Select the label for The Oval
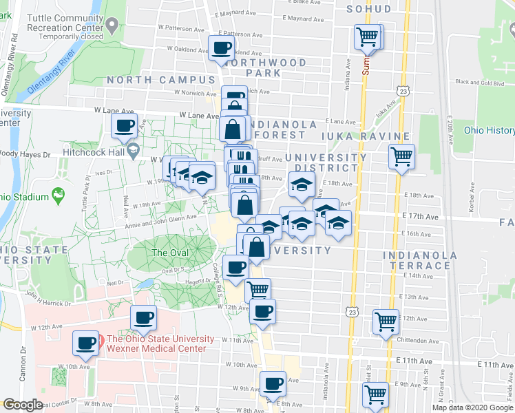point(169,253)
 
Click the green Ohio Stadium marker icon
point(59,196)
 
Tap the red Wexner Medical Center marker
point(101,339)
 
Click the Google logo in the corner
point(23,405)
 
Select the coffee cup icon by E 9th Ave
point(273,383)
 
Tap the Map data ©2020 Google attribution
point(472,407)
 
